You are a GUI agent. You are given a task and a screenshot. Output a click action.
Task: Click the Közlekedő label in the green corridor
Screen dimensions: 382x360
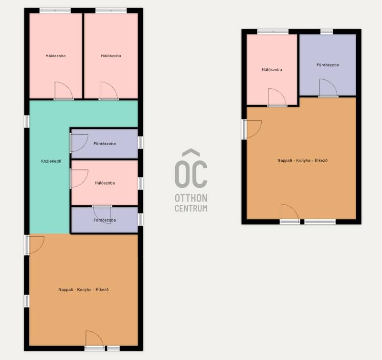[x=51, y=161]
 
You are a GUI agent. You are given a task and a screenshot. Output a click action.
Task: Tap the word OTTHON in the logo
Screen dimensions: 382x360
[x=191, y=198]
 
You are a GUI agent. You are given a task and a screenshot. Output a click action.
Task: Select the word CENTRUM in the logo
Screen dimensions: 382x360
[x=191, y=209]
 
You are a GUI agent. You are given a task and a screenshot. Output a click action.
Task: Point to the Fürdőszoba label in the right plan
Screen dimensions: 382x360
[x=328, y=65]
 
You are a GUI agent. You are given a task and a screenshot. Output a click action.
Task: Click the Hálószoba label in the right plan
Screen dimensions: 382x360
[x=272, y=70]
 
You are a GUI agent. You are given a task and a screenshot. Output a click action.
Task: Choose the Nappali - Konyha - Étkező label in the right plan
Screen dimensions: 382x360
[x=303, y=160]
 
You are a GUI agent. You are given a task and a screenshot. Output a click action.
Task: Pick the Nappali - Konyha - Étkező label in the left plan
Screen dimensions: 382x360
[x=84, y=290]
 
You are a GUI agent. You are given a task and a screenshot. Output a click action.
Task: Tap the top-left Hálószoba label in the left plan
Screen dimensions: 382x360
[x=55, y=56]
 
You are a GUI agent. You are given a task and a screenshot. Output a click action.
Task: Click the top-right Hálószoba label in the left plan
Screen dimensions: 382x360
[x=111, y=56]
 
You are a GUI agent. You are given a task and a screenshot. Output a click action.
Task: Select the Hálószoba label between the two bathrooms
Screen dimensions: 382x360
[x=105, y=183]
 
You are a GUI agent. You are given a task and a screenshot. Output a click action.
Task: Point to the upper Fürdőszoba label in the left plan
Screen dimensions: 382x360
[x=105, y=144]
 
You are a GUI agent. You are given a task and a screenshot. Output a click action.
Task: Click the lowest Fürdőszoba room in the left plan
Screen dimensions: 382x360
[x=105, y=220]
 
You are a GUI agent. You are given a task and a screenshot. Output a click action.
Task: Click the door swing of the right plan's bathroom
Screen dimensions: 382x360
[x=328, y=88]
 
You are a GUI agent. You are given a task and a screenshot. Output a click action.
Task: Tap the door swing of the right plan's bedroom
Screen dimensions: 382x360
[x=277, y=97]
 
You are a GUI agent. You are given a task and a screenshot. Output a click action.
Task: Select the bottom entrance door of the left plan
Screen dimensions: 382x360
[x=95, y=340]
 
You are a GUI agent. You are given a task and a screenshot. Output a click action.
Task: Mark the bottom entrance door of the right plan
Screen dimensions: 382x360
[x=290, y=213]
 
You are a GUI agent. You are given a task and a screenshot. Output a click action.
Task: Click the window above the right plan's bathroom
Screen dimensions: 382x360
[x=327, y=32]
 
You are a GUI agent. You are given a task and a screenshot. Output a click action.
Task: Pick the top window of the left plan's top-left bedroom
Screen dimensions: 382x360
[x=55, y=11]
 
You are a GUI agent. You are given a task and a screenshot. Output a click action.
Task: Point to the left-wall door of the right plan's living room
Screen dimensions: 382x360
[x=252, y=129]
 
